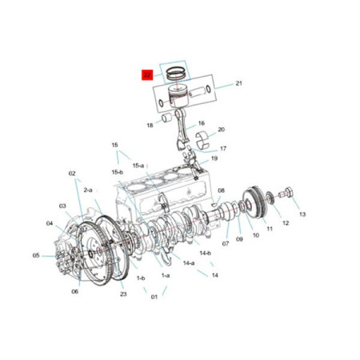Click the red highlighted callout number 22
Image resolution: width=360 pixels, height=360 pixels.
[147, 75]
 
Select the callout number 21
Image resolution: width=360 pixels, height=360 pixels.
[238, 83]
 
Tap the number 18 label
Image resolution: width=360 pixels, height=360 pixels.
[150, 126]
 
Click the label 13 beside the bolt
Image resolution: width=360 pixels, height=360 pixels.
[302, 214]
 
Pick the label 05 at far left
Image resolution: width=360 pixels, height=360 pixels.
[36, 255]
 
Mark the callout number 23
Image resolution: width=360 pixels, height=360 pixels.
[124, 294]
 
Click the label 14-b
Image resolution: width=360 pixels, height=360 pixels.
[206, 254]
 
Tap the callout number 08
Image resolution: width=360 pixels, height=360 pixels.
[222, 190]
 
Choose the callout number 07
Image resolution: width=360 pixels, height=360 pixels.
[226, 243]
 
